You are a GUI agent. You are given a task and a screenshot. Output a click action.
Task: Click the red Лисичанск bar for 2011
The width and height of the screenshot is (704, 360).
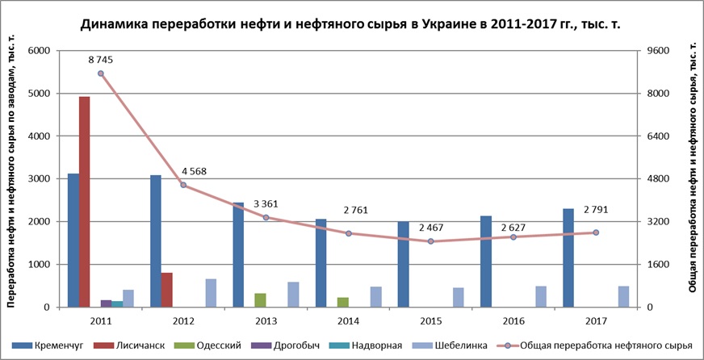pyautogui.click(x=84, y=202)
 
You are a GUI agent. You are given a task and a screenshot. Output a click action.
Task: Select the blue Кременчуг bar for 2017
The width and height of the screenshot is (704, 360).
pyautogui.click(x=568, y=257)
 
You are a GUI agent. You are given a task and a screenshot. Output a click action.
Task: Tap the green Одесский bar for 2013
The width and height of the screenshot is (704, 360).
pyautogui.click(x=260, y=300)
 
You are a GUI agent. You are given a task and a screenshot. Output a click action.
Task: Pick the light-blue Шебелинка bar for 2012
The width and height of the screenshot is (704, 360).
pyautogui.click(x=211, y=293)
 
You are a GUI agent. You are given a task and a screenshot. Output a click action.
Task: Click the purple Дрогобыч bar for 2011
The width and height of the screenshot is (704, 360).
pyautogui.click(x=107, y=303)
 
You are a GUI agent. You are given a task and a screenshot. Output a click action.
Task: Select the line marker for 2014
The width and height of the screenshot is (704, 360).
pyautogui.click(x=349, y=233)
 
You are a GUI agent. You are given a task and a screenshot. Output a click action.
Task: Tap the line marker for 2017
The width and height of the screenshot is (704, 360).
pyautogui.click(x=596, y=232)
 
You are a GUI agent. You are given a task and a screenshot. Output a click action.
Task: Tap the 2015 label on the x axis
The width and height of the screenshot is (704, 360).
pyautogui.click(x=430, y=320)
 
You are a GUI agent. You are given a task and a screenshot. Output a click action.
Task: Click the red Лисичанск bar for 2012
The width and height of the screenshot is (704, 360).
pyautogui.click(x=166, y=290)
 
